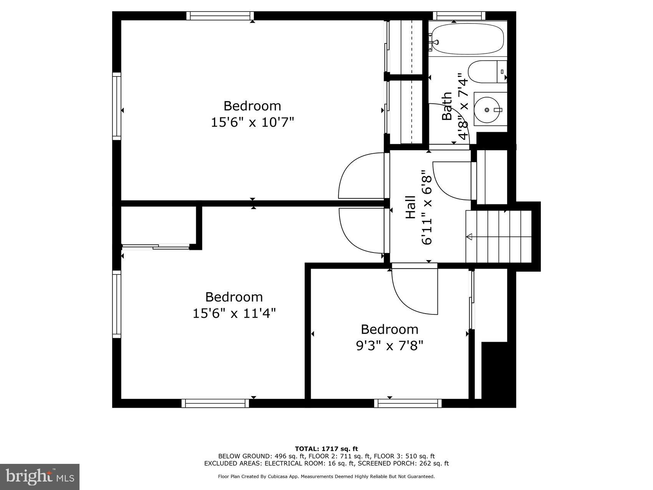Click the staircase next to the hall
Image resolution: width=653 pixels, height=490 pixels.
click(x=499, y=236)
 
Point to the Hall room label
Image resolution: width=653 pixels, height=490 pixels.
click(x=411, y=208)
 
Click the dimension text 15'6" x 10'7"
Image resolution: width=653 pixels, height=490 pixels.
click(x=252, y=123)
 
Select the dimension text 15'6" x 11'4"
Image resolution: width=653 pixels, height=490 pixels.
click(x=234, y=314)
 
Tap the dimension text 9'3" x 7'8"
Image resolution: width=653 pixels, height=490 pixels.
click(x=389, y=346)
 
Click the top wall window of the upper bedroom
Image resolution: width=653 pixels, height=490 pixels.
click(x=220, y=16)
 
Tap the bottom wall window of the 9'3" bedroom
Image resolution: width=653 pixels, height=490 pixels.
click(x=408, y=403)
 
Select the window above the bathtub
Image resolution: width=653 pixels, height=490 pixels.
click(x=459, y=16)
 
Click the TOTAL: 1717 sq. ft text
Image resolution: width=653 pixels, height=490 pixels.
click(x=326, y=448)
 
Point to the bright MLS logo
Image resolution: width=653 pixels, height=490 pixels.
click(x=40, y=477)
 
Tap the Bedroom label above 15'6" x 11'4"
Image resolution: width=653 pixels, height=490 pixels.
click(x=234, y=297)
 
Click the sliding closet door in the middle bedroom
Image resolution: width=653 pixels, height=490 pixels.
click(x=156, y=247)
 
